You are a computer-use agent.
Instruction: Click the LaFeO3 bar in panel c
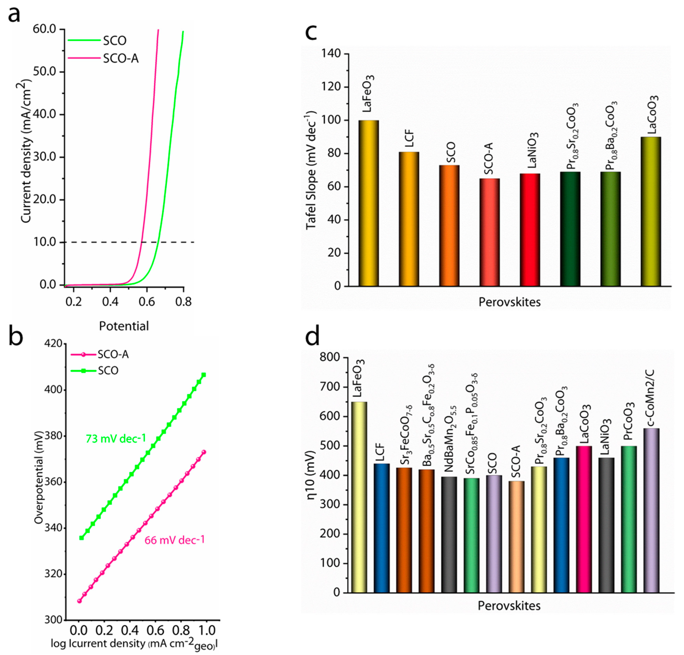[369, 203]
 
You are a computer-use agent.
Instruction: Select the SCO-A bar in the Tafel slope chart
[490, 232]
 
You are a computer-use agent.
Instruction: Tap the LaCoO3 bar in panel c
[651, 211]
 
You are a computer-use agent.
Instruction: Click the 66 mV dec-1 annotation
[174, 540]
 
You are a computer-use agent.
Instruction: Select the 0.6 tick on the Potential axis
[147, 301]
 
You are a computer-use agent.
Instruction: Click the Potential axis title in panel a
[124, 326]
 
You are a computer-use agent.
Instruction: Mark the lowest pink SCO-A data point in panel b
[80, 601]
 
